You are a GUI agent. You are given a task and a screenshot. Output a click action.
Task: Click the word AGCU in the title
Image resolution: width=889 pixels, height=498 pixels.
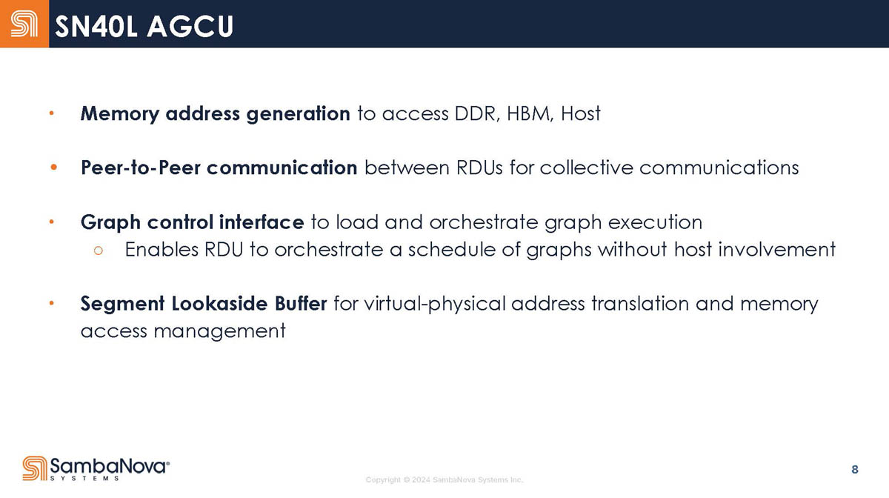pyautogui.click(x=191, y=27)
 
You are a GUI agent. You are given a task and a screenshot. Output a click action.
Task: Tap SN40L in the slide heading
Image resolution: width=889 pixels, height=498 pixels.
pyautogui.click(x=96, y=27)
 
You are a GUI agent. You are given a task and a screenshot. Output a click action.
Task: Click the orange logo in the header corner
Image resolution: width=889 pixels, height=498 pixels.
pyautogui.click(x=24, y=24)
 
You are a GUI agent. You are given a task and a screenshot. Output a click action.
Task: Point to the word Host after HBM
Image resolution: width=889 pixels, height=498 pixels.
pyautogui.click(x=581, y=114)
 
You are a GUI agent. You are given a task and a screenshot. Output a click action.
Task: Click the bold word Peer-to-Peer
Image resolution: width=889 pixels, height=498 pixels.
pyautogui.click(x=141, y=167)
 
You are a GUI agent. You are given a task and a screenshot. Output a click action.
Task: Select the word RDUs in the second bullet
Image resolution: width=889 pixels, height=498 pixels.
pyautogui.click(x=479, y=167)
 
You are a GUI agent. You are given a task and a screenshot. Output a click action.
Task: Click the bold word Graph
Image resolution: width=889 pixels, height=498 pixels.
pyautogui.click(x=110, y=222)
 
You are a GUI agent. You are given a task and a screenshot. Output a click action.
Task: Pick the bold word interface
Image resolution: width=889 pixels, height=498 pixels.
pyautogui.click(x=261, y=222)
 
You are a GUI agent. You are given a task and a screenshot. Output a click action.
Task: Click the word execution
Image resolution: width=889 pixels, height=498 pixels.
pyautogui.click(x=655, y=222)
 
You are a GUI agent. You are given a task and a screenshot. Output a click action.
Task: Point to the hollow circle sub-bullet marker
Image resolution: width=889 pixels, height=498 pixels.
pyautogui.click(x=99, y=250)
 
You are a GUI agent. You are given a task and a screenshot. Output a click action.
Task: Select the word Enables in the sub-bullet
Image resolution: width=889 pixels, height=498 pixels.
pyautogui.click(x=162, y=250)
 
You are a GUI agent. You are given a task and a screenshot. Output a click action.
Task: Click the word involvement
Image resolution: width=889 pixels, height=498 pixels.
pyautogui.click(x=776, y=250)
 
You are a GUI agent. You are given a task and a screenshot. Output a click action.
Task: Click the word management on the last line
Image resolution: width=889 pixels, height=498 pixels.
pyautogui.click(x=219, y=331)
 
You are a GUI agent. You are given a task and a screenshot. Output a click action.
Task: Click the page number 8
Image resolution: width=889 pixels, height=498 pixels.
pyautogui.click(x=855, y=470)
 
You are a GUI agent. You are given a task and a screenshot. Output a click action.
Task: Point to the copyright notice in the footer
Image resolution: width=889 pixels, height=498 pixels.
pyautogui.click(x=444, y=479)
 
